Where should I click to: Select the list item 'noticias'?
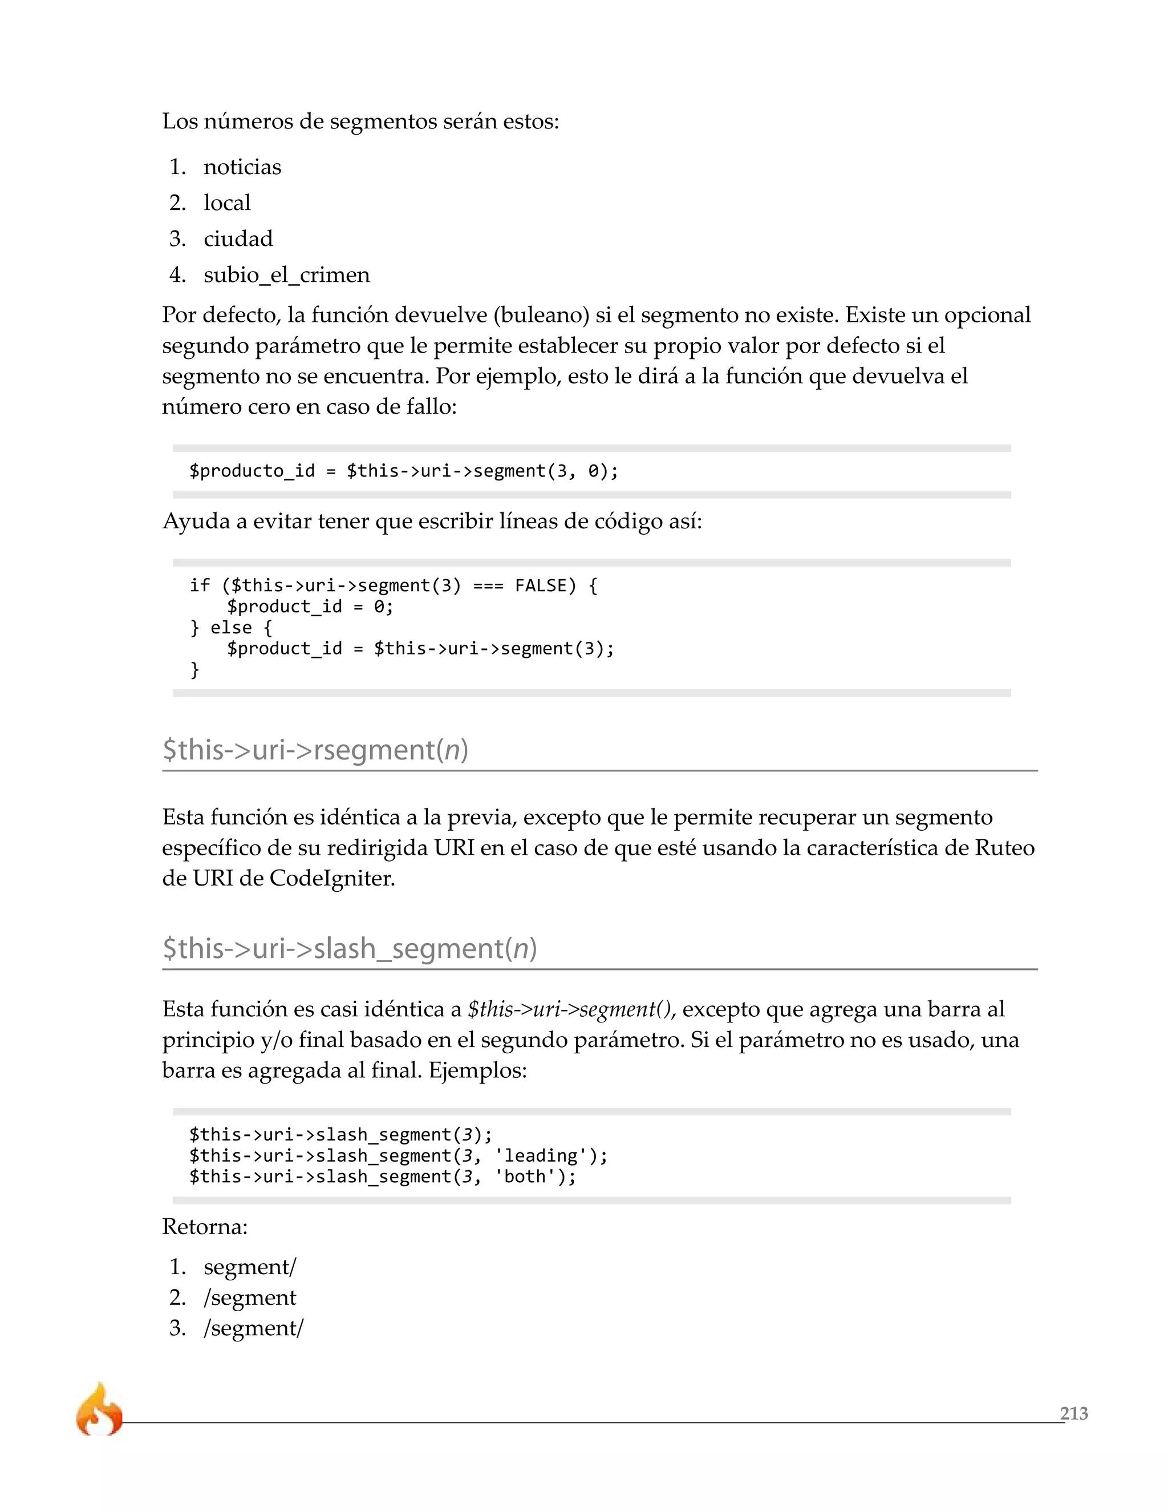[242, 167]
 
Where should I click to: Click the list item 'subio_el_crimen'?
[286, 275]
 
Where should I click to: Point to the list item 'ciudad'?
[238, 239]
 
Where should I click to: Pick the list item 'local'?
[227, 203]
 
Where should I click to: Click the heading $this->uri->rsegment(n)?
[315, 750]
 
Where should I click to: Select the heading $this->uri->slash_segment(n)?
[350, 948]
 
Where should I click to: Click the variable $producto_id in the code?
[252, 471]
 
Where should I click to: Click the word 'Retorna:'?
[205, 1227]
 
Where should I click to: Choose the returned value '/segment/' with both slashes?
[253, 1328]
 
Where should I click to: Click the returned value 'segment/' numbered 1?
[250, 1267]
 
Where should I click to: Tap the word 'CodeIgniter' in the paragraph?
[331, 878]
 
